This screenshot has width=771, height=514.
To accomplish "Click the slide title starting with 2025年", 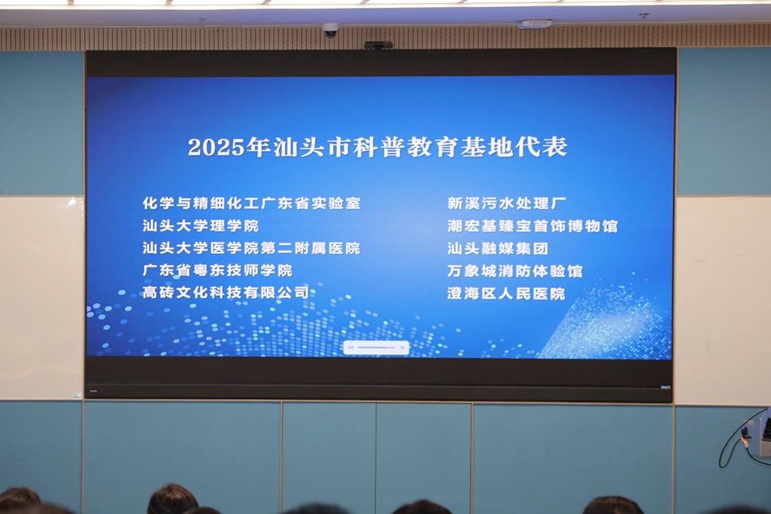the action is (x=378, y=147).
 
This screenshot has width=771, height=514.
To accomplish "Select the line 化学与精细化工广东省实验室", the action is (x=252, y=203).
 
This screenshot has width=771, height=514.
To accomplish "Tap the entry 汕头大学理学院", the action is (x=200, y=226).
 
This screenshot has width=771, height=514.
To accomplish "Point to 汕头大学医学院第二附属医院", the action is (x=252, y=248).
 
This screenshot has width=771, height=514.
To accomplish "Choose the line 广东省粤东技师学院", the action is (x=217, y=270).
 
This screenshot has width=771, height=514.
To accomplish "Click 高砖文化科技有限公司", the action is (x=226, y=293).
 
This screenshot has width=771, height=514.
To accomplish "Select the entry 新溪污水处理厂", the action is (x=507, y=203).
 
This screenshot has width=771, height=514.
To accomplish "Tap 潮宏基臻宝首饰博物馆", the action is (x=533, y=226).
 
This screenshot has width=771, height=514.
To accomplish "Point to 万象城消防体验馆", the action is (x=515, y=271).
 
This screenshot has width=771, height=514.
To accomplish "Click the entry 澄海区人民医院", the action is (x=507, y=294).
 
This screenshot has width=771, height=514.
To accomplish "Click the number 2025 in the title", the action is (x=217, y=147).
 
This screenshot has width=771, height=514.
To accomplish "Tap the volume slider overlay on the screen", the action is (x=376, y=348).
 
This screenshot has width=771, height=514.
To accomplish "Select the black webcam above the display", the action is (x=378, y=45).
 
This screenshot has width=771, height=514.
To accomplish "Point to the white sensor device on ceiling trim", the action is (x=537, y=23).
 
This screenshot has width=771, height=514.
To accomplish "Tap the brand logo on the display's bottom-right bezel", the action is (x=665, y=388).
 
